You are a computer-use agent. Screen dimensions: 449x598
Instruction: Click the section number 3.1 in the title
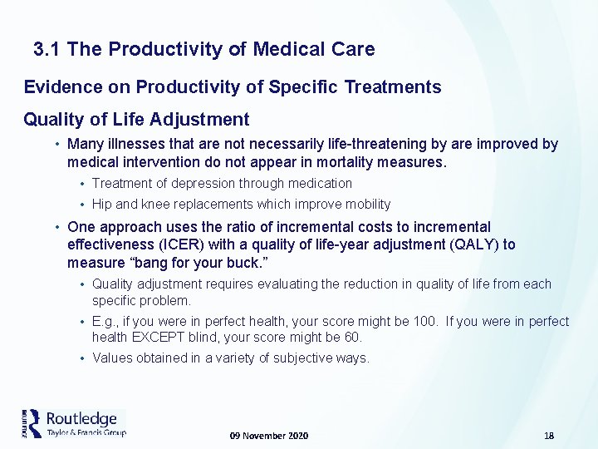[48, 50]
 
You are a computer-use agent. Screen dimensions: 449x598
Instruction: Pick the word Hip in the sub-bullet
[102, 205]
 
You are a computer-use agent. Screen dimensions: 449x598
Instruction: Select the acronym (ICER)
[218, 244]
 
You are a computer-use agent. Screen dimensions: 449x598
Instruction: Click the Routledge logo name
[81, 418]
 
